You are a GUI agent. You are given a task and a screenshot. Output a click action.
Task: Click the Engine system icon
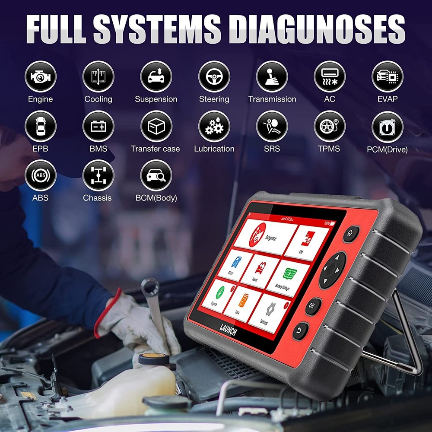(x=40, y=76)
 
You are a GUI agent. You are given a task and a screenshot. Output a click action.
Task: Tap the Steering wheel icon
(x=214, y=76)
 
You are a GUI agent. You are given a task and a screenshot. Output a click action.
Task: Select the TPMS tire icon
(x=330, y=126)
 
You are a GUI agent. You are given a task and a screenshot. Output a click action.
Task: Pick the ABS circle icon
(x=40, y=175)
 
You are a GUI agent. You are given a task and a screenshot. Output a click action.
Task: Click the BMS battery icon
(x=98, y=126)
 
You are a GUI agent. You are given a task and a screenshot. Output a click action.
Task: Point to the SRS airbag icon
(x=272, y=126)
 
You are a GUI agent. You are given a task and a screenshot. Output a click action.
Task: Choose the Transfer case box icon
(x=156, y=126)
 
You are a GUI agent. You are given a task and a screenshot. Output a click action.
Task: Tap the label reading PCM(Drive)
(x=387, y=150)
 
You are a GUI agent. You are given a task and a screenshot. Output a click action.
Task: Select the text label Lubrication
(x=214, y=149)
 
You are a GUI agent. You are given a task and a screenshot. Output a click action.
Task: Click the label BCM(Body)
(x=156, y=198)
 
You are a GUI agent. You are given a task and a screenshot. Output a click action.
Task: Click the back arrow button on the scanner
(x=301, y=331)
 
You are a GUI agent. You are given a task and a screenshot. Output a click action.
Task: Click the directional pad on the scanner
(x=333, y=270)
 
